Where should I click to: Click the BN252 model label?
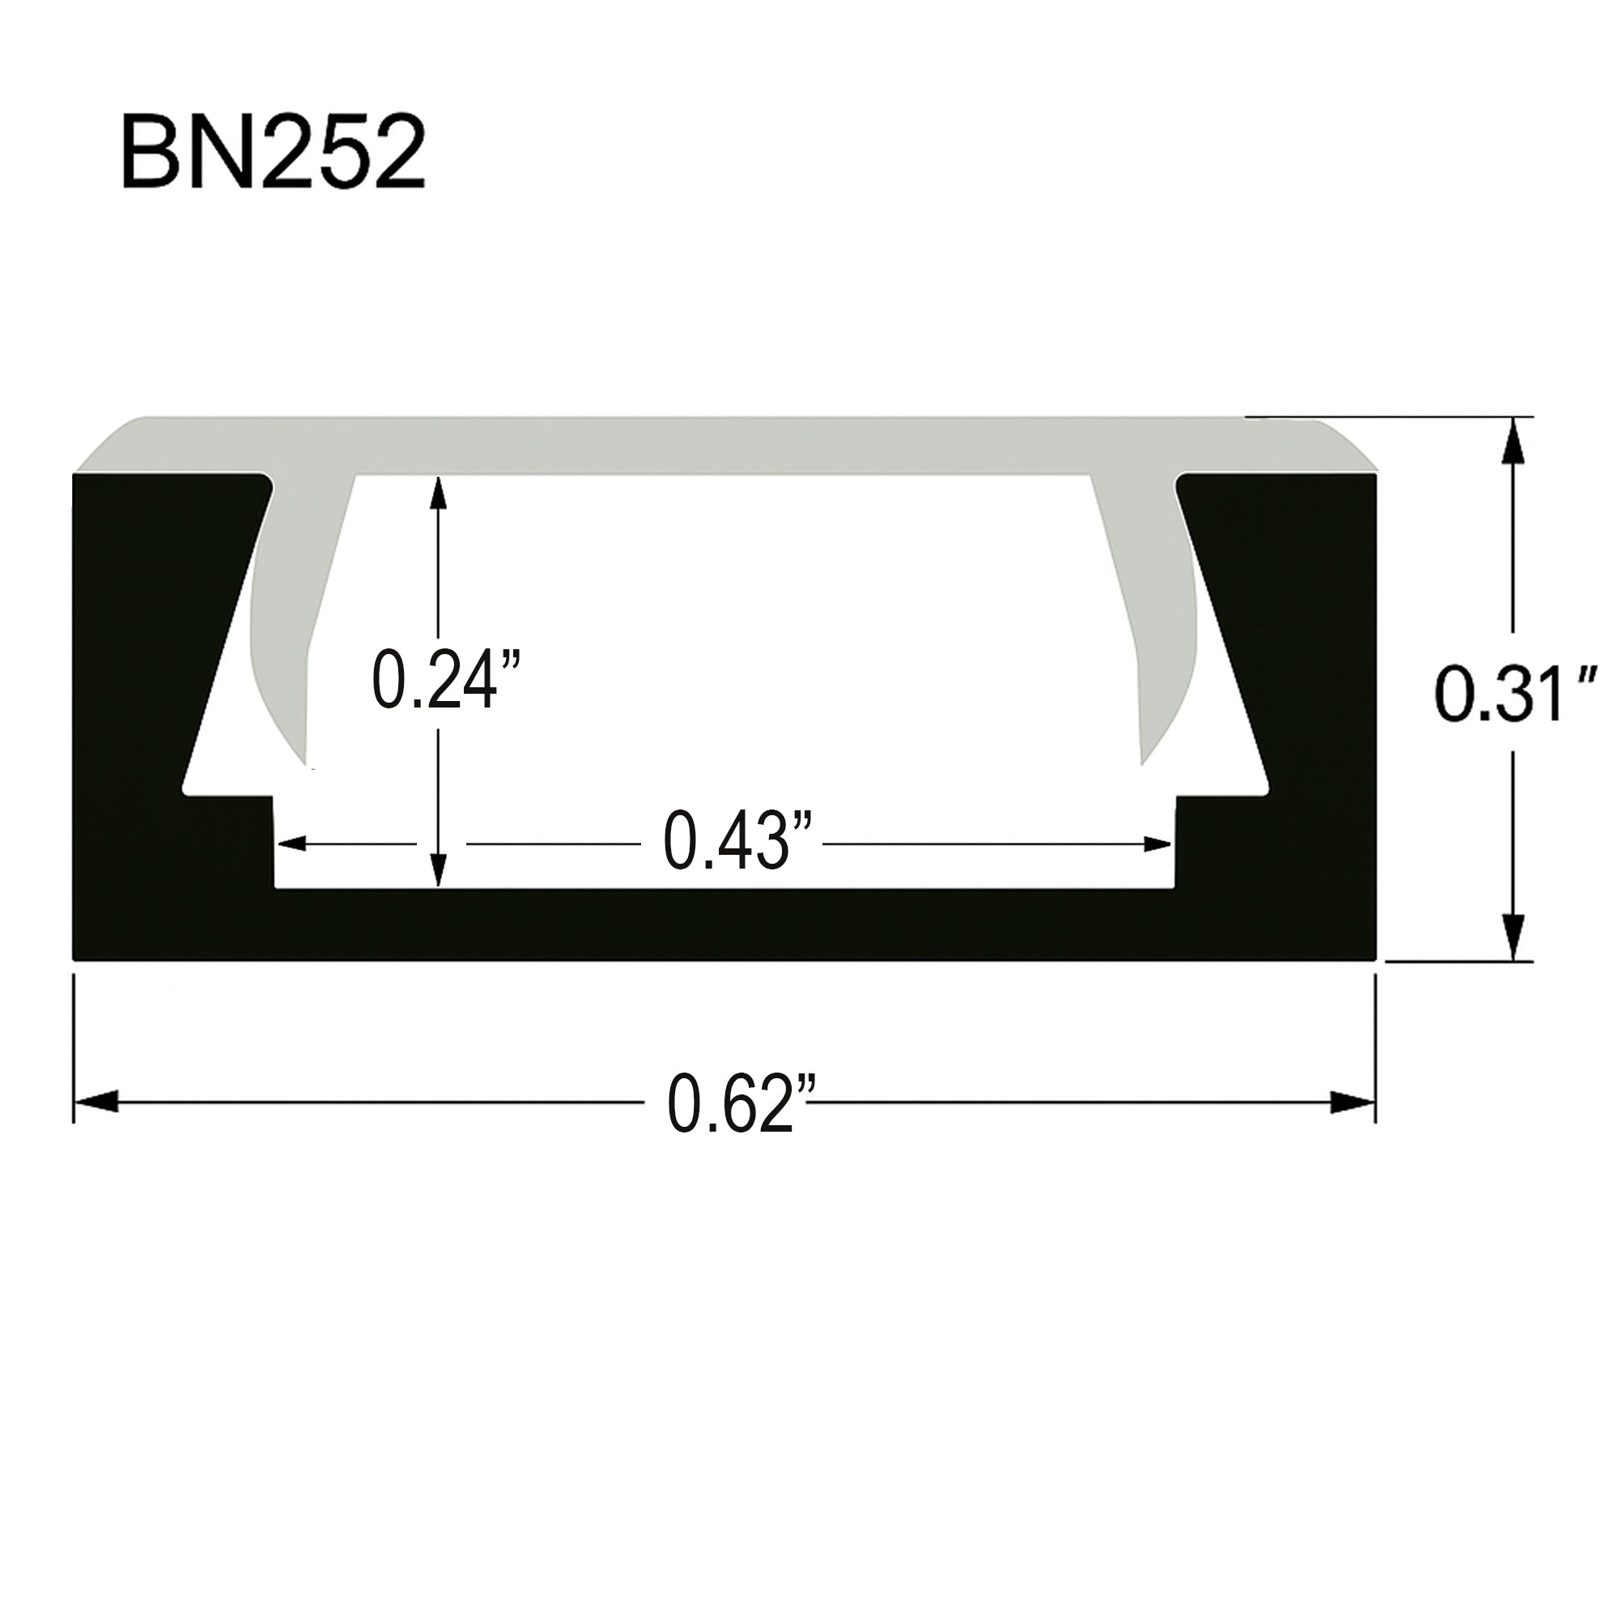[273, 153]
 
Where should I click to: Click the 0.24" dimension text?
[445, 682]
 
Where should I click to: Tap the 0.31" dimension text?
[1500, 694]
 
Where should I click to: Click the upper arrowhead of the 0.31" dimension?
[1513, 437]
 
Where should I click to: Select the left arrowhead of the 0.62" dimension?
[94, 1103]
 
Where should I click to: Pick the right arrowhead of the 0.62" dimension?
[1353, 1103]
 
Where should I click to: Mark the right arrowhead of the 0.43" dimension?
[1158, 843]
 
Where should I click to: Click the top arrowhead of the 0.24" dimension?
[436, 495]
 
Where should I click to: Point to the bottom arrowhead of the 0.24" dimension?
[436, 870]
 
